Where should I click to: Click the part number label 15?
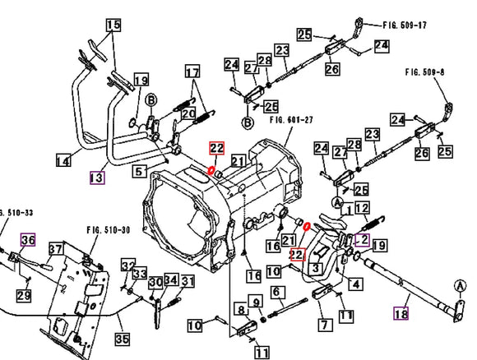point(113,25)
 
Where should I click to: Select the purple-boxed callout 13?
point(97,177)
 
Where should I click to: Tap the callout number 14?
point(63,162)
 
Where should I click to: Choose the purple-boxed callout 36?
point(28,239)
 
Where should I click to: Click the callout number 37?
point(56,248)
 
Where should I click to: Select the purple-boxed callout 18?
point(402,312)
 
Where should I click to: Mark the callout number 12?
point(362,208)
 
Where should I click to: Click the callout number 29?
point(24,295)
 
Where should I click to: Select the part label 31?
point(188,282)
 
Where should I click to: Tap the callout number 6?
point(277,291)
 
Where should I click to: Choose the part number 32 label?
point(127,265)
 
